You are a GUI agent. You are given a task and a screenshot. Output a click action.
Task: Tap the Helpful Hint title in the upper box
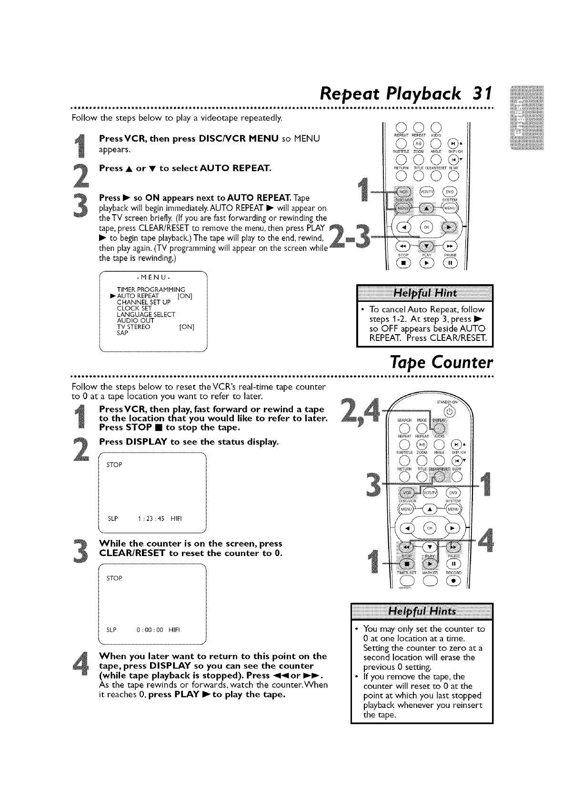(x=424, y=292)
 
